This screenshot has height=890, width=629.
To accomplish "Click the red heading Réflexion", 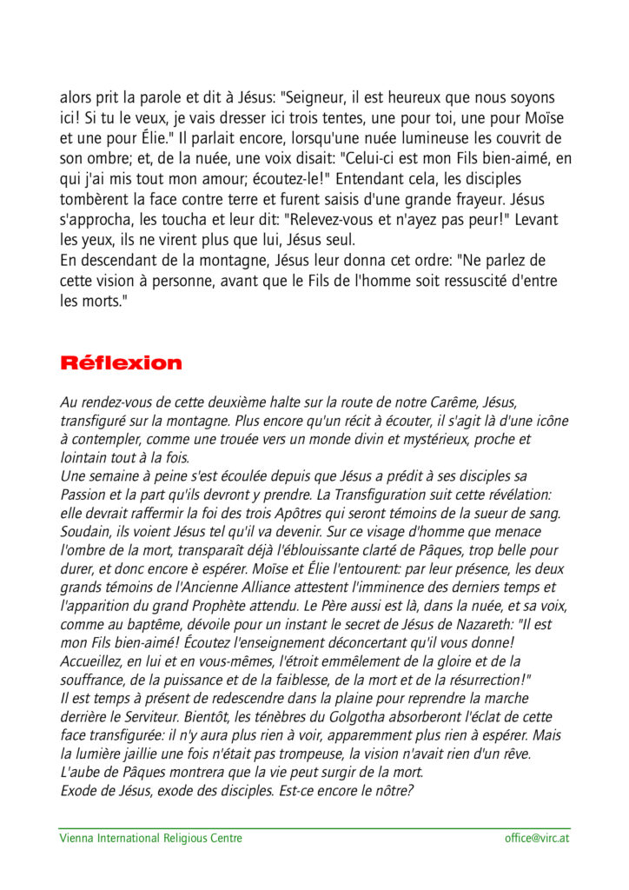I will point(121,363).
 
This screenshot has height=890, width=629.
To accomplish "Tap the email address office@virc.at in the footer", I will point(537,838).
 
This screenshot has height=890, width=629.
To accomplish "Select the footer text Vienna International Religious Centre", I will point(150,838).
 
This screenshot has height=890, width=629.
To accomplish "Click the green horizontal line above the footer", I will point(314,828).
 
